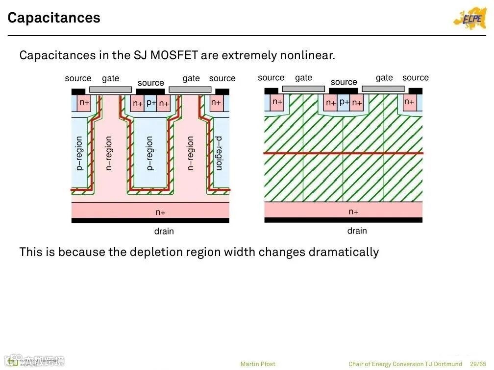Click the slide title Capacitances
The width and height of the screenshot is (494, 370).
54,18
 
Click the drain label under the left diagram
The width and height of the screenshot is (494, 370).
164,231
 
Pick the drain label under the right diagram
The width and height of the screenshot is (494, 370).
357,231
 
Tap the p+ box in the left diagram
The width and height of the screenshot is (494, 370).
151,103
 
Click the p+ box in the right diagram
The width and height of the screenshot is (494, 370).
344,102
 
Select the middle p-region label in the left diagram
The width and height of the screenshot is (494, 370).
150,153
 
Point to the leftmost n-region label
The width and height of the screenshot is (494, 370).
109,153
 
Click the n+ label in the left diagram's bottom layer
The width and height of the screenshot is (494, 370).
160,212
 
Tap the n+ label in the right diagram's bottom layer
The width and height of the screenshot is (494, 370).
353,212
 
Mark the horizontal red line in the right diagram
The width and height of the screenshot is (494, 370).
343,154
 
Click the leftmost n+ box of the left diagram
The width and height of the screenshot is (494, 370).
85,103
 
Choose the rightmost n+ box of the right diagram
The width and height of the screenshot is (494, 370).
409,102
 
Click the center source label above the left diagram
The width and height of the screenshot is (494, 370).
150,83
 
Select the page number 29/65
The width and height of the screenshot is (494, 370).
478,364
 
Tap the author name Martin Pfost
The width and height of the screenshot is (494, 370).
258,364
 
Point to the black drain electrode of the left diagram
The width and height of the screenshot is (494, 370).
150,221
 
